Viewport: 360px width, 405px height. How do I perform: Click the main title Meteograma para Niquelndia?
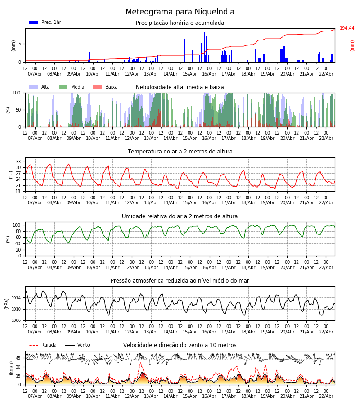coord(180,12)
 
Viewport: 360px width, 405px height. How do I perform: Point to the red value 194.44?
coord(346,28)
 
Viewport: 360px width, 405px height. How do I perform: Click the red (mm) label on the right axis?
coord(352,45)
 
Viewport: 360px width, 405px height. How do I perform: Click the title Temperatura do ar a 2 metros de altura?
coord(180,152)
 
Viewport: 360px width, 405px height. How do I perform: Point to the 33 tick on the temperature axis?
coord(18,162)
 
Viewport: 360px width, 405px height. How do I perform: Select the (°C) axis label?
coord(11,175)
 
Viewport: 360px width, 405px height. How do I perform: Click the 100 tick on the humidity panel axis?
coord(17,225)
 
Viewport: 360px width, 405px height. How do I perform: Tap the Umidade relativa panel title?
coord(180,216)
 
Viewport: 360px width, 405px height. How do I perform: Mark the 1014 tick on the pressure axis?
coord(16,298)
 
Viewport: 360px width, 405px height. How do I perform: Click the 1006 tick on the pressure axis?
coord(16,320)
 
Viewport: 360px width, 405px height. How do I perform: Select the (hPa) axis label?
coord(7,304)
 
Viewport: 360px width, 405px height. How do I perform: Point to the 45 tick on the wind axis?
coord(18,358)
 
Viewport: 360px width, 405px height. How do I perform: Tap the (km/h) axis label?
coord(11,368)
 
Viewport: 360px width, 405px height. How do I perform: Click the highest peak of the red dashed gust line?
coord(140,363)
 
